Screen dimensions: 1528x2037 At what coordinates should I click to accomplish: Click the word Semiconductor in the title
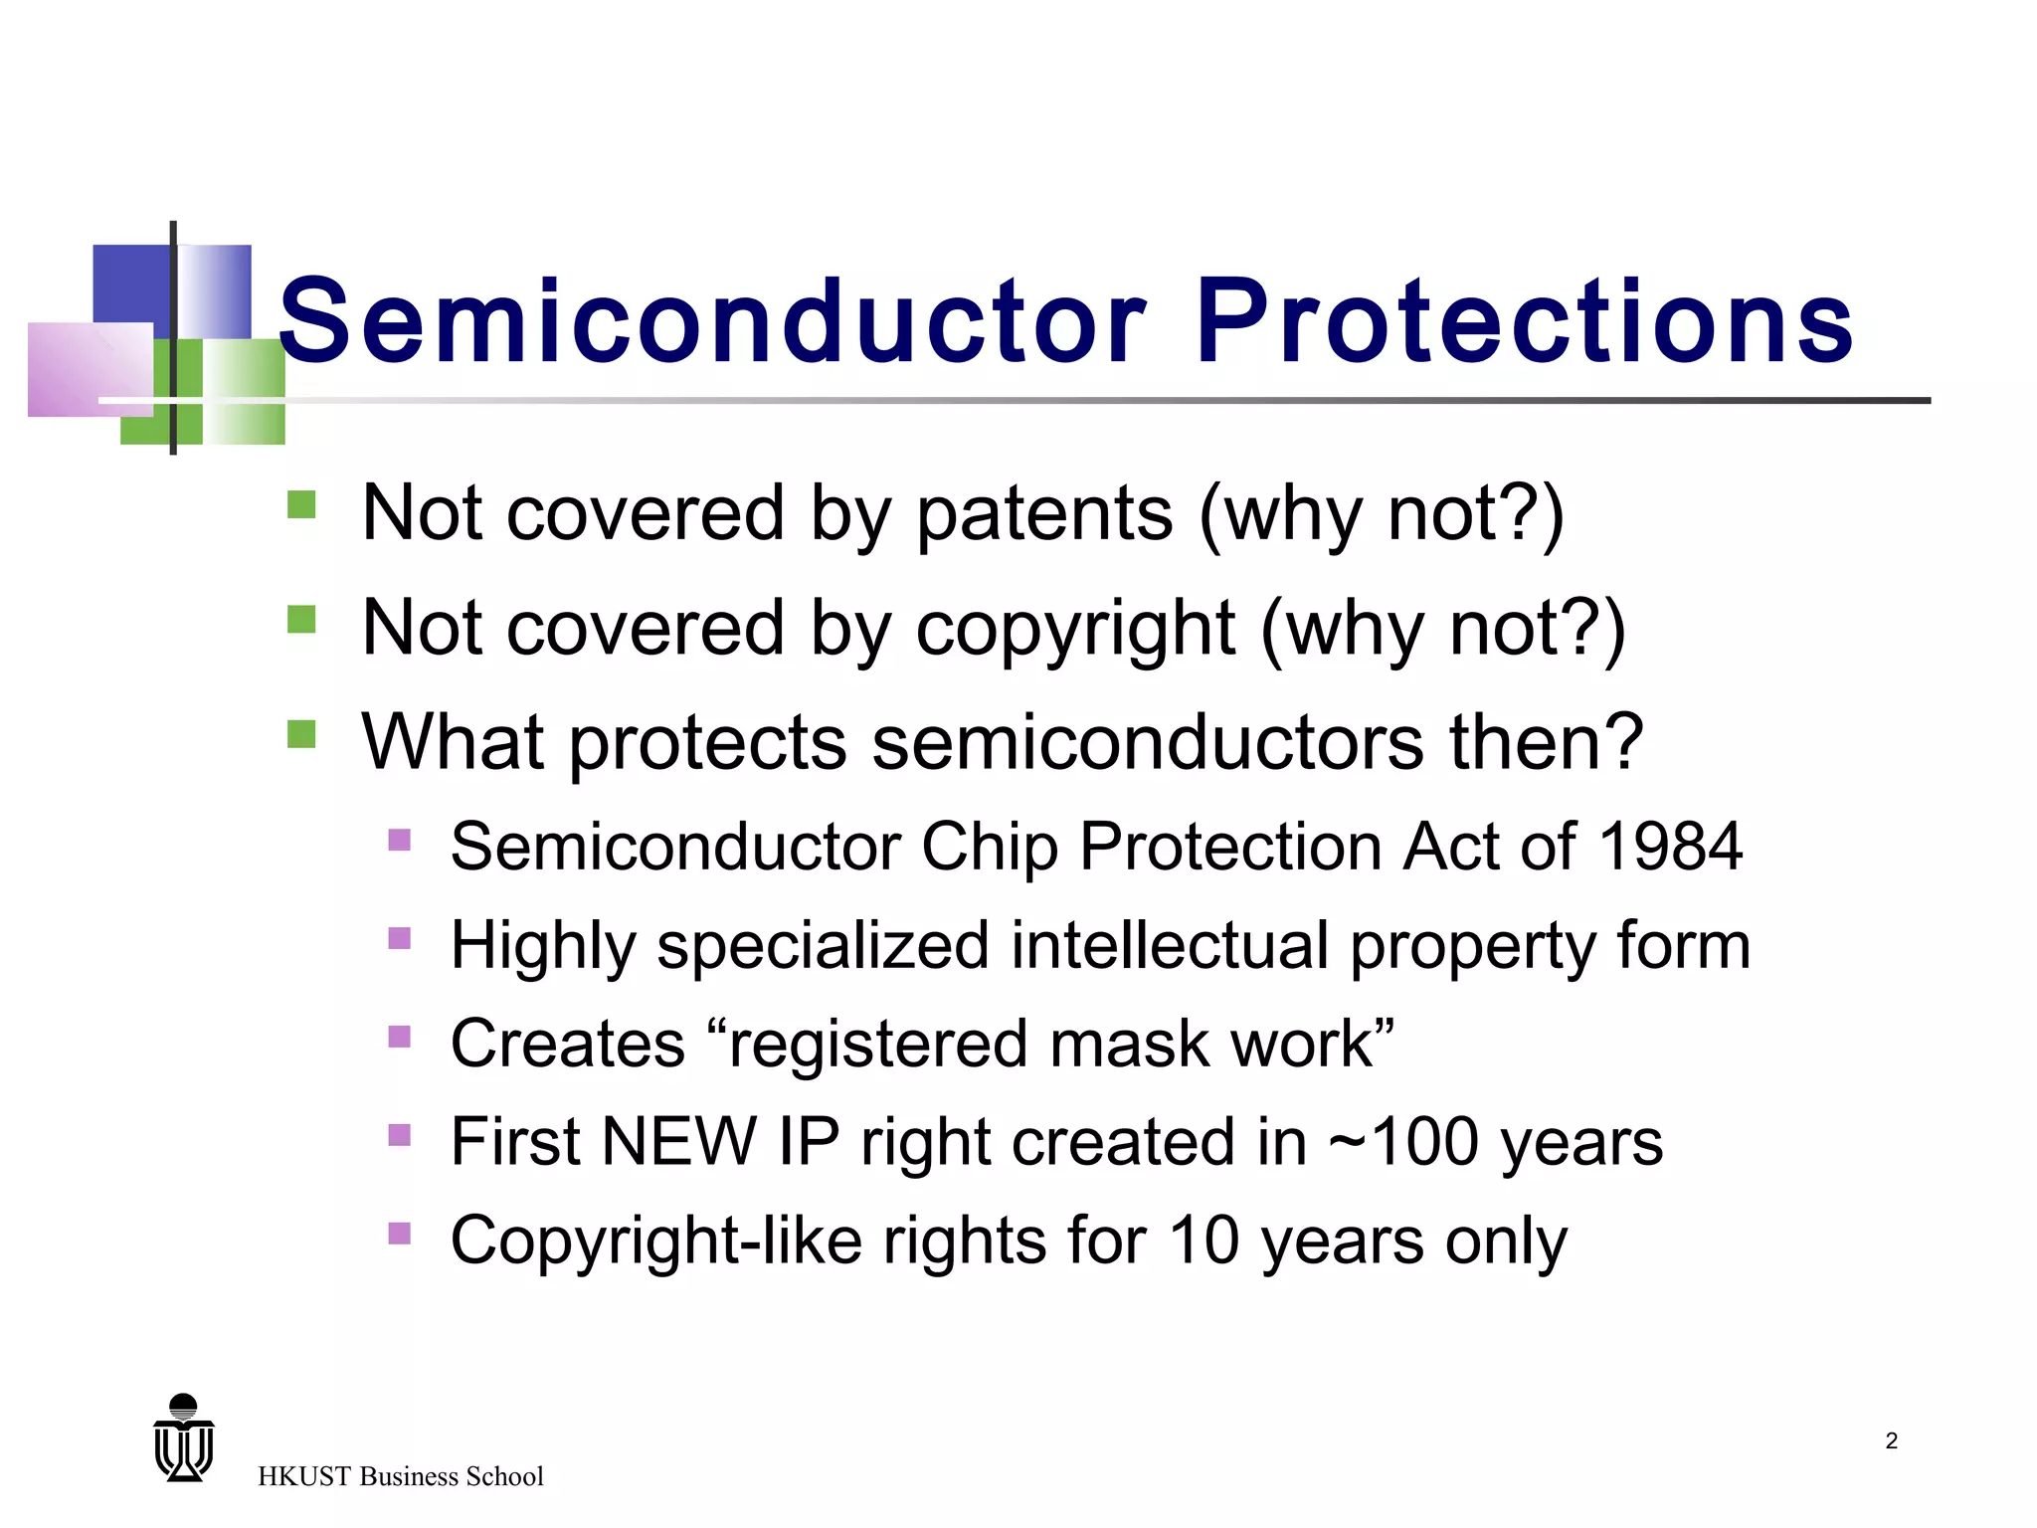[712, 321]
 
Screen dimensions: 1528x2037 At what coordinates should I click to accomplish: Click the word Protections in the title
[1524, 321]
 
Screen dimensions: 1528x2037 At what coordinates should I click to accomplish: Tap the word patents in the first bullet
[1044, 514]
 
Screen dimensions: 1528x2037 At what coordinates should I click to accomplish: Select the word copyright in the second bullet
[1075, 630]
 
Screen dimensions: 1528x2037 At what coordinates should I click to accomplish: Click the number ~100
[1402, 1141]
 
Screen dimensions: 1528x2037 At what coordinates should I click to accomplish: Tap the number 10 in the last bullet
[1203, 1241]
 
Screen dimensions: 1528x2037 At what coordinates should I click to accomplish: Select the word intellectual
[1170, 945]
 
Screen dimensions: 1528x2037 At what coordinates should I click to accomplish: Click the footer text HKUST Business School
[400, 1476]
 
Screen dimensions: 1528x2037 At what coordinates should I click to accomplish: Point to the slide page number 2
[1891, 1440]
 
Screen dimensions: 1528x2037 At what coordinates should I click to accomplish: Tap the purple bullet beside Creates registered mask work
[399, 1037]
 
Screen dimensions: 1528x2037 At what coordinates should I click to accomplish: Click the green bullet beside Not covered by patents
[301, 504]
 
